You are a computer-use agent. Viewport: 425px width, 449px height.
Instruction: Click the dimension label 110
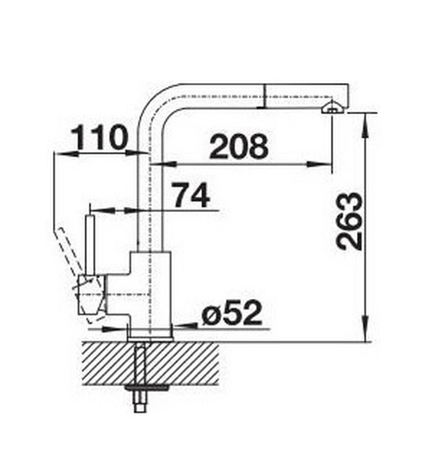(x=99, y=138)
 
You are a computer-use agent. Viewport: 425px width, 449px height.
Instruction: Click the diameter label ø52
(x=232, y=313)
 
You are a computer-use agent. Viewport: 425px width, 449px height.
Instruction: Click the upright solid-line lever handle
(x=91, y=244)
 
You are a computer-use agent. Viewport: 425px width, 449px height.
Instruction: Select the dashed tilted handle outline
(x=67, y=249)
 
